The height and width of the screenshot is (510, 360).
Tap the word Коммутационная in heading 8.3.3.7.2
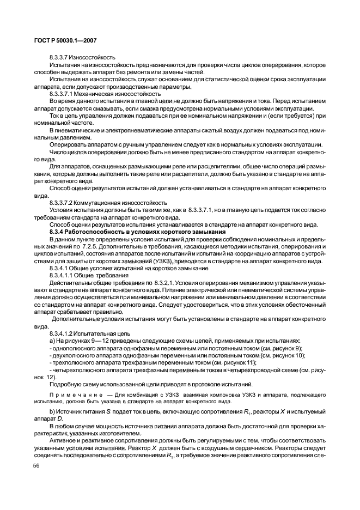(x=106, y=202)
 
